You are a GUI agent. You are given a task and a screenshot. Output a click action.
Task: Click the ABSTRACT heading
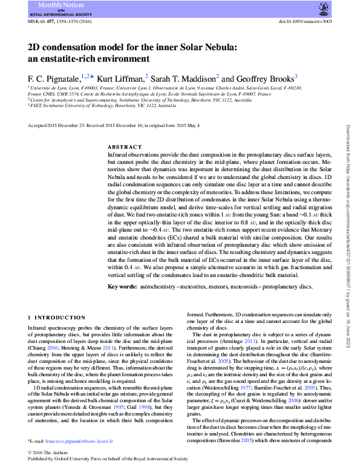[125, 148]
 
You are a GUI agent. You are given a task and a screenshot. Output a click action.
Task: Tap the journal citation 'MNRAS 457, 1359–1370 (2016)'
[61, 22]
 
